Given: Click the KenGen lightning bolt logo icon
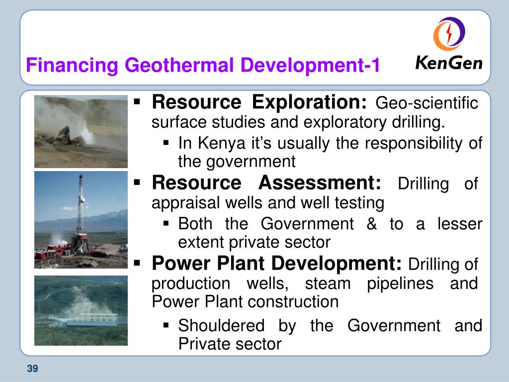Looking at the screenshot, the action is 449,34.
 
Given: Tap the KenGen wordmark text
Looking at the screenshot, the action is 449,63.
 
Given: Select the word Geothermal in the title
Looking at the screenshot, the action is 179,65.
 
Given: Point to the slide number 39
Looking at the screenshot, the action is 32,369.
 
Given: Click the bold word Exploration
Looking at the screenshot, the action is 309,102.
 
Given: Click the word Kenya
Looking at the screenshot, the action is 222,143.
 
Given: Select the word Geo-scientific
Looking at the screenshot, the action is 426,103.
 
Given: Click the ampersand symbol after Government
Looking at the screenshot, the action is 372,224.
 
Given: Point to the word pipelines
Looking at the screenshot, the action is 400,284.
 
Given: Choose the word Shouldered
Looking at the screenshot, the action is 221,325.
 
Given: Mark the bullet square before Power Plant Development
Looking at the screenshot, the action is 137,263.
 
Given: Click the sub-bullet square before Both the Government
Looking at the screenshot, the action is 166,223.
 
